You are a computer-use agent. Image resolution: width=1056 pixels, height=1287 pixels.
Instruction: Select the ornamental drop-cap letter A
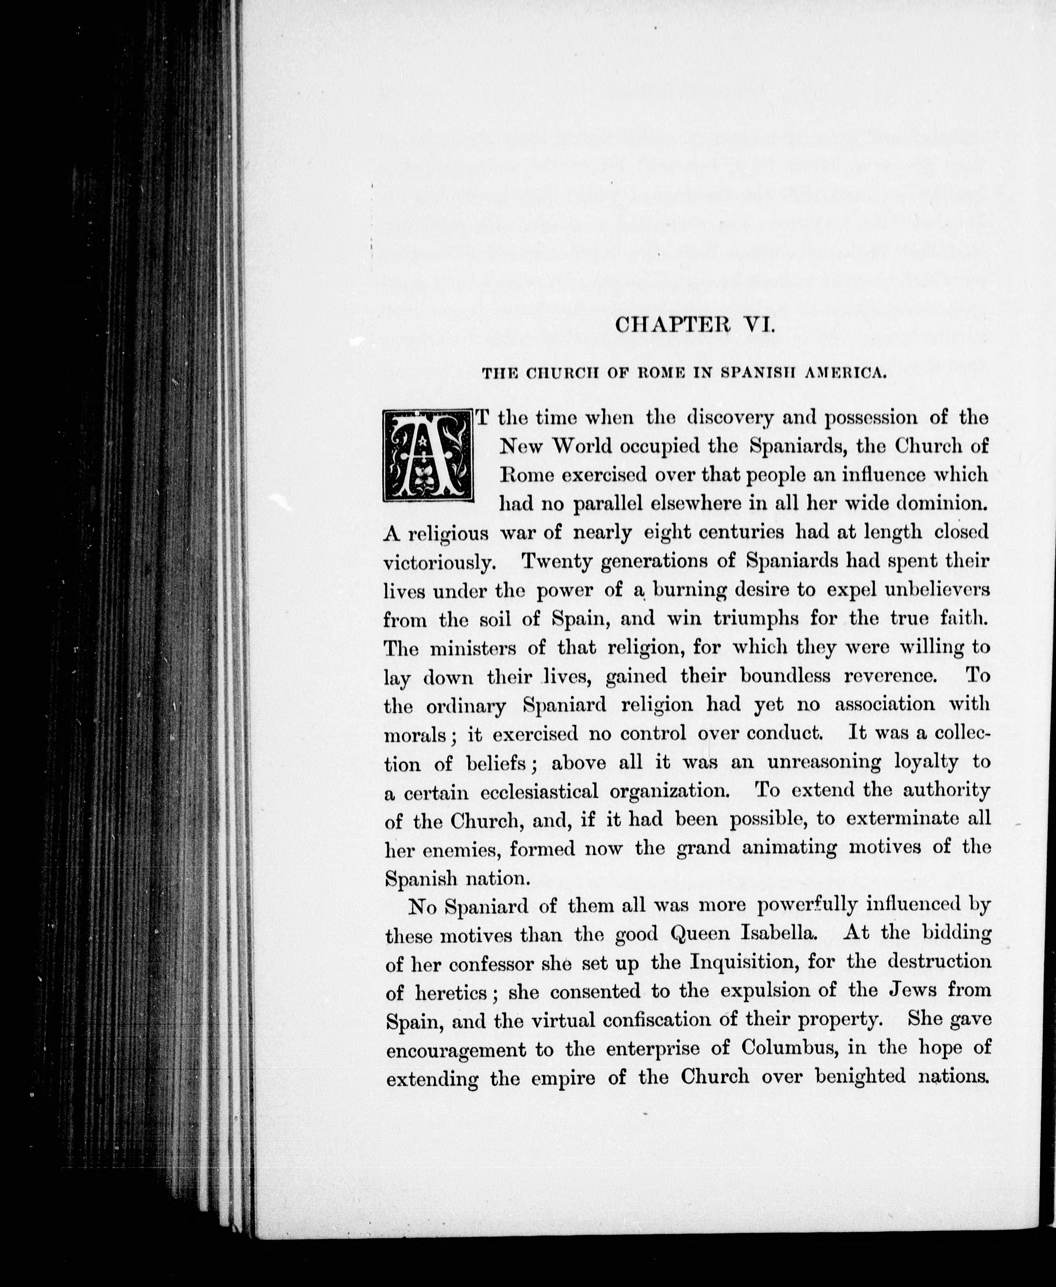tap(428, 455)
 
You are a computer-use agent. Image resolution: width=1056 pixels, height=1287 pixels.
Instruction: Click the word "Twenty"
tap(557, 561)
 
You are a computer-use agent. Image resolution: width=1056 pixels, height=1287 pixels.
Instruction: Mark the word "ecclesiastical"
tap(539, 791)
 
